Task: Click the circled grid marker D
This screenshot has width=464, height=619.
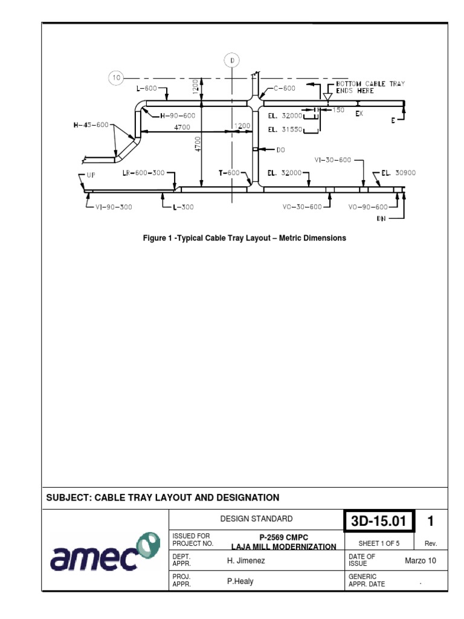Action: pyautogui.click(x=231, y=60)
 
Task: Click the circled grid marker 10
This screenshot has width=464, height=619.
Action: pyautogui.click(x=117, y=78)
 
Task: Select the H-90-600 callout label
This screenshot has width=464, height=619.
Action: pyautogui.click(x=178, y=115)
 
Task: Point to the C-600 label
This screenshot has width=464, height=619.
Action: pyautogui.click(x=284, y=88)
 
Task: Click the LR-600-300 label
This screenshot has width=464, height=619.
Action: pyautogui.click(x=143, y=173)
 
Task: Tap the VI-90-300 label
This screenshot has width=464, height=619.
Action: pyautogui.click(x=113, y=207)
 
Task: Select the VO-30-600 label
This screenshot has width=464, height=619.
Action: pyautogui.click(x=303, y=207)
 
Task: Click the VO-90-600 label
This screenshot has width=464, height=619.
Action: pyautogui.click(x=368, y=207)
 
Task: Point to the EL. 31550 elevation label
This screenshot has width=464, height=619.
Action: pyautogui.click(x=285, y=129)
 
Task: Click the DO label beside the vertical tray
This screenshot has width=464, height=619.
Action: pyautogui.click(x=280, y=149)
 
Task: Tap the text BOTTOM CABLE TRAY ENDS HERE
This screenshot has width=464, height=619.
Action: pyautogui.click(x=370, y=87)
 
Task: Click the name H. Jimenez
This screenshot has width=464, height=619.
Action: pyautogui.click(x=245, y=560)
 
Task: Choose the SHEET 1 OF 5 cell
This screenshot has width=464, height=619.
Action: pyautogui.click(x=379, y=543)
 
